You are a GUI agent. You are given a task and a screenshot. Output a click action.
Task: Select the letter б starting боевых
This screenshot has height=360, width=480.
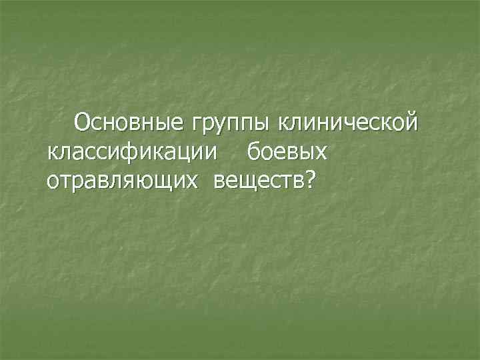click(x=254, y=151)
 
